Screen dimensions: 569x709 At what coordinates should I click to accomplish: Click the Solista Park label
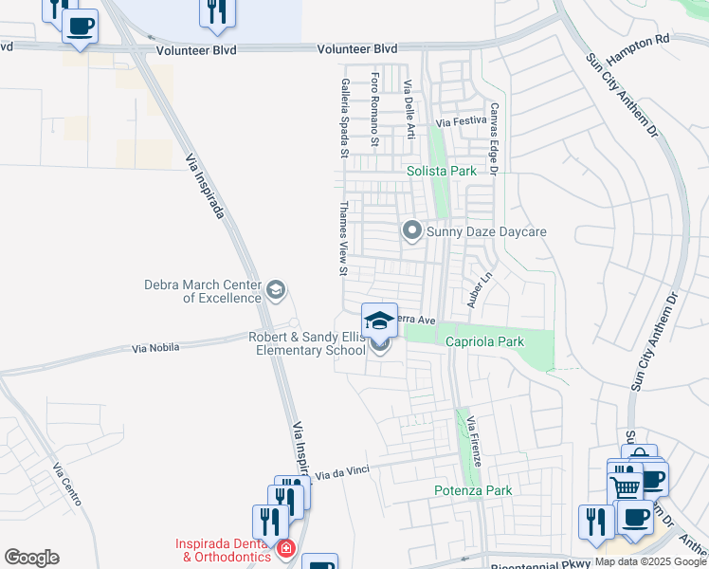[441, 172]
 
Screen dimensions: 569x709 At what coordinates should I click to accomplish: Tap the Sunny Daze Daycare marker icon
[412, 230]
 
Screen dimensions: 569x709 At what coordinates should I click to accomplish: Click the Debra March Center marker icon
[276, 290]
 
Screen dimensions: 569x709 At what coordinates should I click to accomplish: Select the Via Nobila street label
[155, 349]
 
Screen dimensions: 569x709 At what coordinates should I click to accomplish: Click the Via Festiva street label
[460, 122]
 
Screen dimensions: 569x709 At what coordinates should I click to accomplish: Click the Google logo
[31, 558]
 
